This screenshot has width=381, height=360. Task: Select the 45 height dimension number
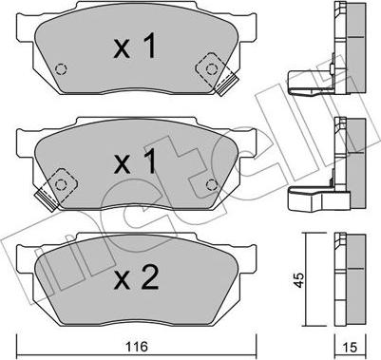click(x=298, y=279)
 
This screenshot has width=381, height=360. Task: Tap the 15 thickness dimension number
click(x=350, y=348)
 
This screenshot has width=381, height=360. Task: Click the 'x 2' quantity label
click(x=136, y=277)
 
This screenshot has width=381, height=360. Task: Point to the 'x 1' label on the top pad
click(x=135, y=47)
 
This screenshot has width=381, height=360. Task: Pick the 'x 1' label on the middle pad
click(x=135, y=161)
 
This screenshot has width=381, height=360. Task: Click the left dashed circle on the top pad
click(x=60, y=68)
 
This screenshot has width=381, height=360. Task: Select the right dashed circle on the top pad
click(x=212, y=69)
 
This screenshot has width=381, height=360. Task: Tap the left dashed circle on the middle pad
click(x=60, y=184)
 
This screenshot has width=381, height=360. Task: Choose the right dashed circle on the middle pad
click(x=212, y=184)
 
